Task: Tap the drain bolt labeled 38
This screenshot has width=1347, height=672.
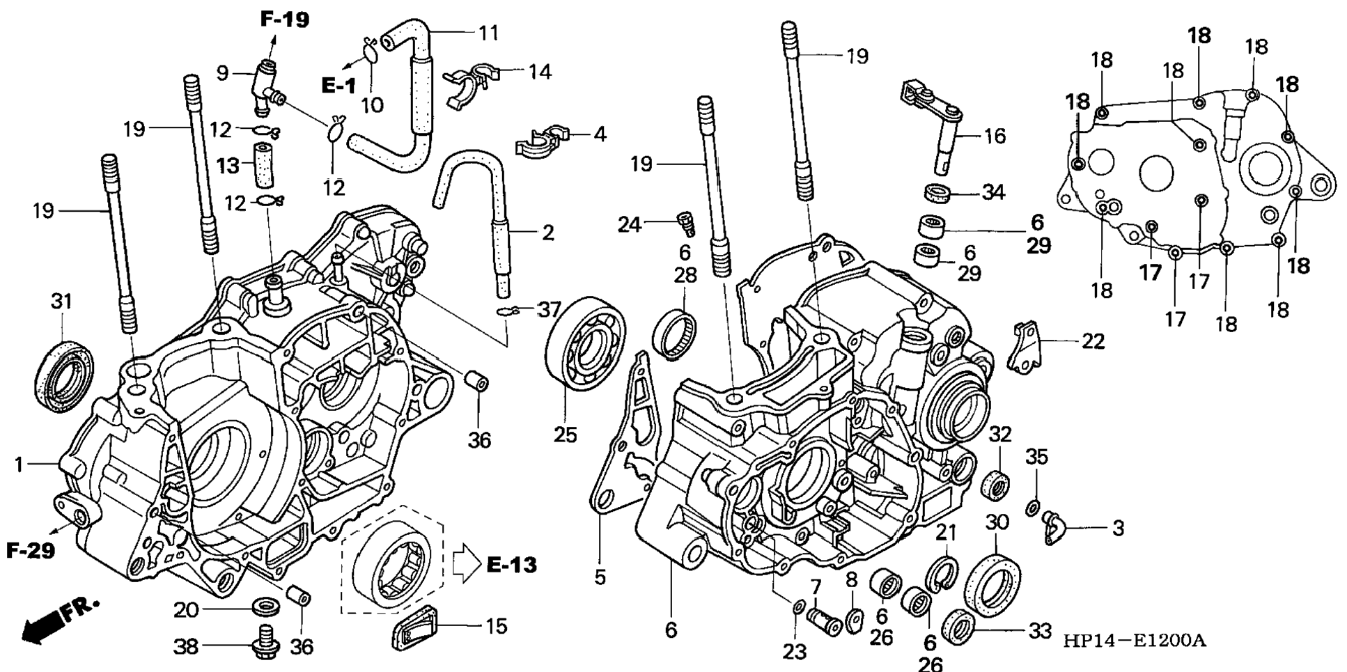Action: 263,643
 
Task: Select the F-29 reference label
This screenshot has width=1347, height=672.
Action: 31,551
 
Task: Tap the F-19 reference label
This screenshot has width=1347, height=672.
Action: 285,19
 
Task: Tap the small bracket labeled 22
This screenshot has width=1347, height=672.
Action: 1026,346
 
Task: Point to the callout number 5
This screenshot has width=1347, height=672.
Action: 600,577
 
